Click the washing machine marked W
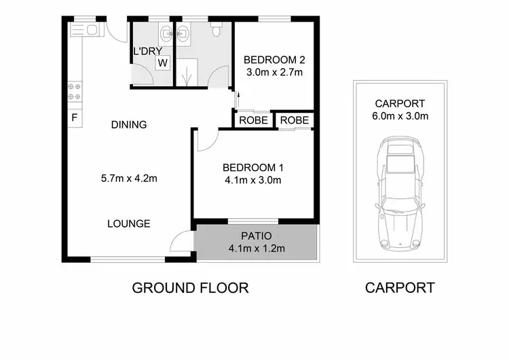(162, 63)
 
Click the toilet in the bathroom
(216, 30)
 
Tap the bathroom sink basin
(183, 32)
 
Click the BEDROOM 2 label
(274, 58)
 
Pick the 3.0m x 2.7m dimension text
(274, 72)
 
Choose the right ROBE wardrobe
(295, 120)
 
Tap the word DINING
(129, 124)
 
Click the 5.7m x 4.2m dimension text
(129, 179)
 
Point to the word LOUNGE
(128, 223)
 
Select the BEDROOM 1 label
(252, 167)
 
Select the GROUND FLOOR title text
(190, 287)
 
